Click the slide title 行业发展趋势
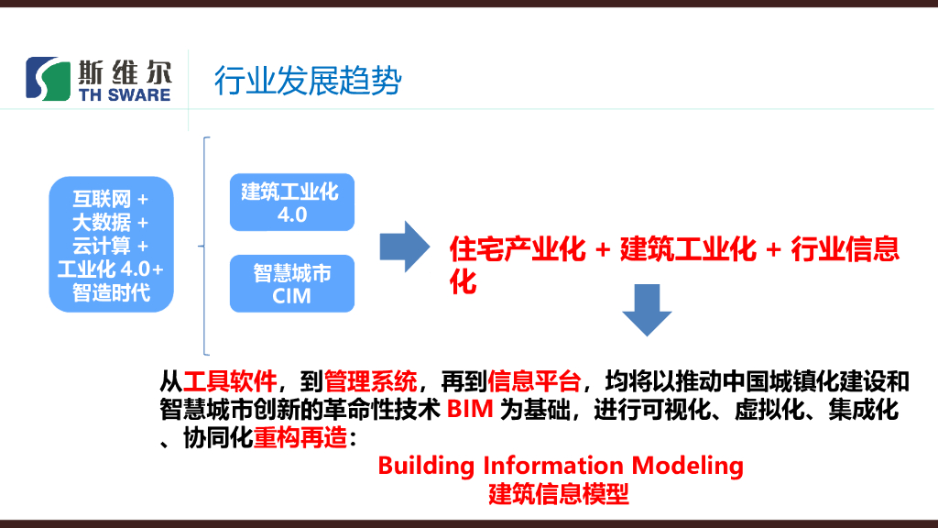pyautogui.click(x=308, y=81)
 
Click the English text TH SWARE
pyautogui.click(x=125, y=94)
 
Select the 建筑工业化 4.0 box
pyautogui.click(x=291, y=203)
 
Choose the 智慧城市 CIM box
pyautogui.click(x=291, y=284)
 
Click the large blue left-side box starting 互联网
pyautogui.click(x=111, y=245)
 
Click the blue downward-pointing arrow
pyautogui.click(x=647, y=310)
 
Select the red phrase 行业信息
pyautogui.click(x=845, y=250)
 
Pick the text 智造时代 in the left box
pyautogui.click(x=111, y=293)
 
